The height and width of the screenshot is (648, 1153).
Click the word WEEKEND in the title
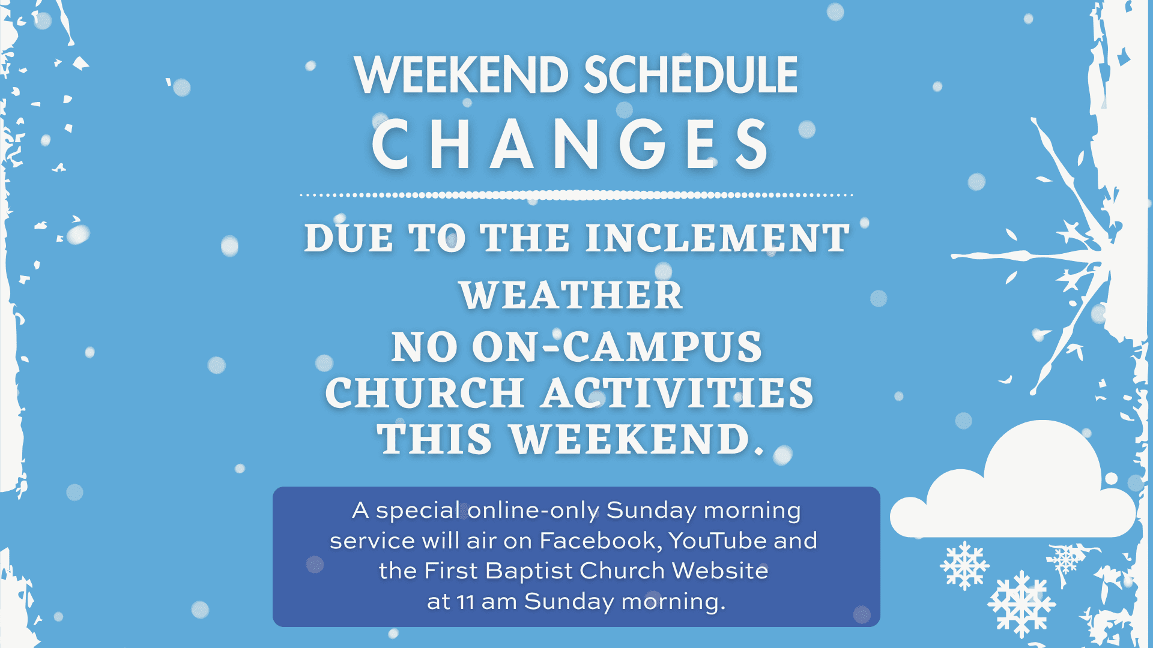point(461,75)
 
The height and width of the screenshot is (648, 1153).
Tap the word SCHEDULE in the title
point(691,75)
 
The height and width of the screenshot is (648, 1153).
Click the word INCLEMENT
point(718,238)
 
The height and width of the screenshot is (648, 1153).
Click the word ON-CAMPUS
point(617,347)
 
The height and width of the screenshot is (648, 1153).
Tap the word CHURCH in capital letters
point(425,393)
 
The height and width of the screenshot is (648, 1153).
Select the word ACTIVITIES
point(677,393)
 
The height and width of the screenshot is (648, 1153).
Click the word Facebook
point(601,541)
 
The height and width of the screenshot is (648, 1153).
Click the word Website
point(720,571)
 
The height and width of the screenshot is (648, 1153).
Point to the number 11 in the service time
point(465,601)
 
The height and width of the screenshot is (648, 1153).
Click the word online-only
point(533,510)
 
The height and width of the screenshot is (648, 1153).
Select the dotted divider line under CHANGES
point(576,195)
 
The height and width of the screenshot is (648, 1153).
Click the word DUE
point(348,238)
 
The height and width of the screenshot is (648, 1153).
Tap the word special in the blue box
point(418,511)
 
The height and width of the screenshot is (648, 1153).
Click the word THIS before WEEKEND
point(435,439)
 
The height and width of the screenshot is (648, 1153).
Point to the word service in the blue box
point(373,541)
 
